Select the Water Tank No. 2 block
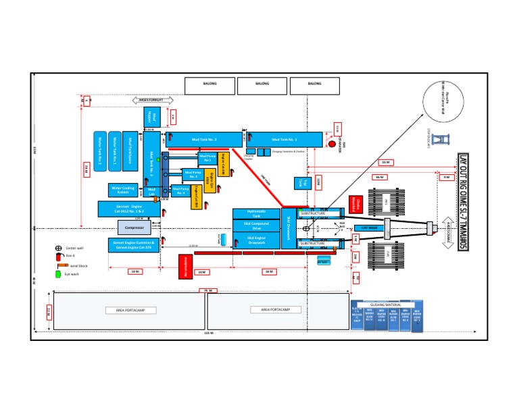100,149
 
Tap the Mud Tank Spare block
131,149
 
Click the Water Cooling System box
123,190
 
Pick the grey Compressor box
134,229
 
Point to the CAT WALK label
369,228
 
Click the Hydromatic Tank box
255,214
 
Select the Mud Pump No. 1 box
207,158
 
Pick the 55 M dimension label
385,162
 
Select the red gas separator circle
331,144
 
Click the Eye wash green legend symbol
59,274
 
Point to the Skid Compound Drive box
255,226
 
